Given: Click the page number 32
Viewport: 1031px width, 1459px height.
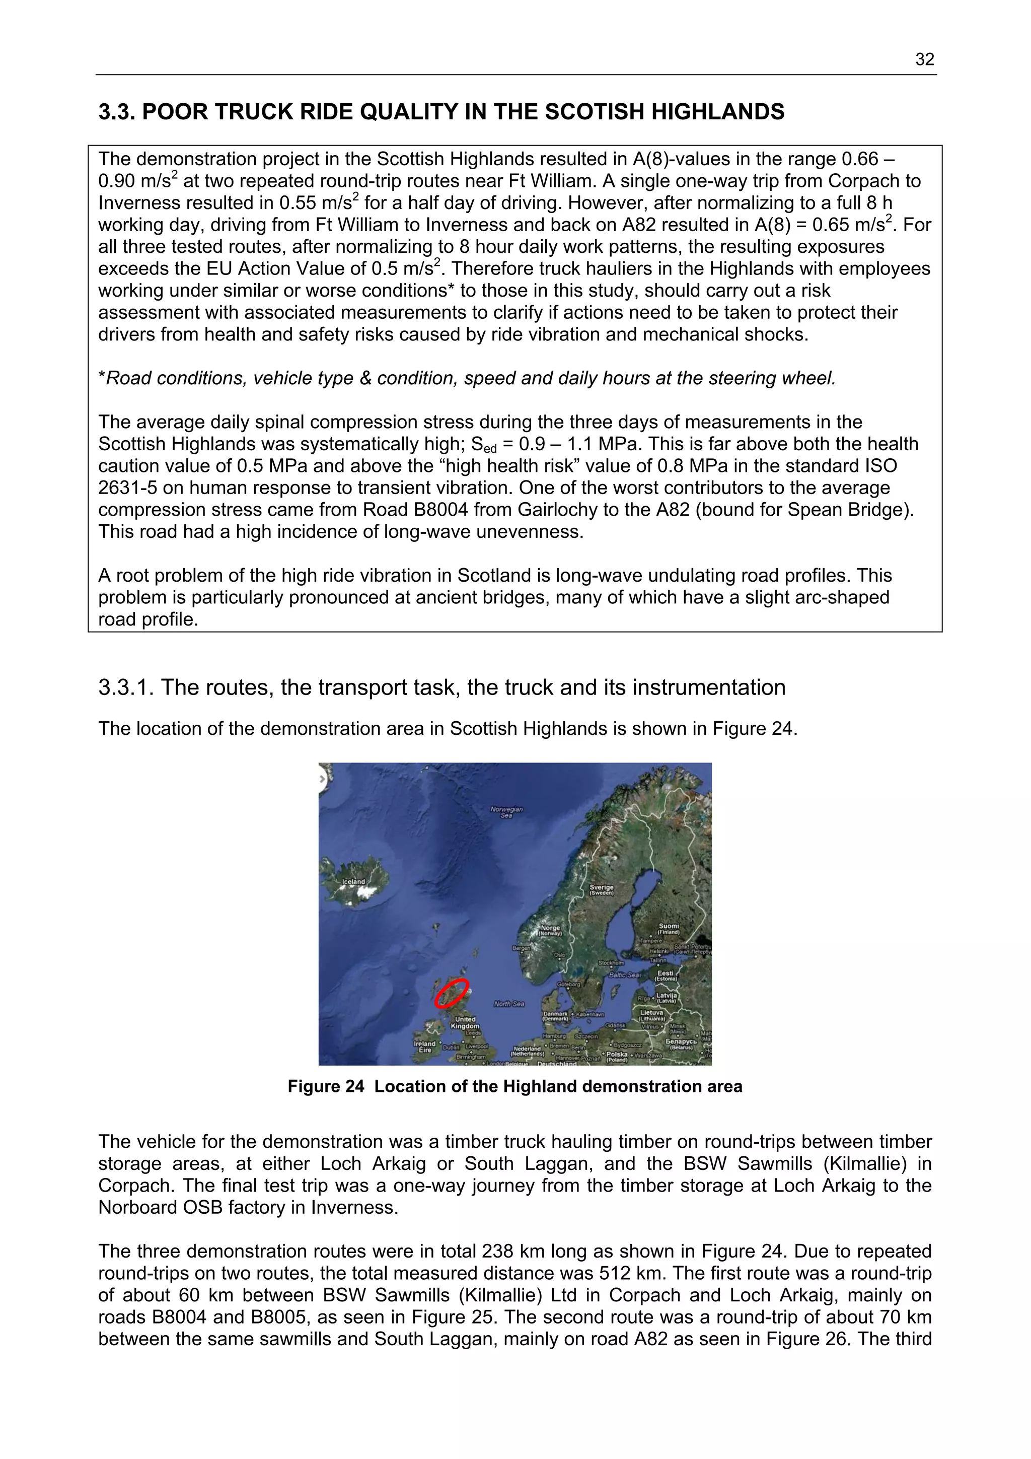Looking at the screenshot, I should tap(924, 60).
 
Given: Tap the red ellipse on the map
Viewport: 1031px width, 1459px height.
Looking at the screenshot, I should tap(452, 993).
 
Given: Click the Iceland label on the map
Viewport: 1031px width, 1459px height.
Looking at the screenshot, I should tap(354, 881).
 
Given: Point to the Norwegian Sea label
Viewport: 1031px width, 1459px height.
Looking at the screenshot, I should tap(506, 811).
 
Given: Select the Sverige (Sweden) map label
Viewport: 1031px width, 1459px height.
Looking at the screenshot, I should tap(601, 889).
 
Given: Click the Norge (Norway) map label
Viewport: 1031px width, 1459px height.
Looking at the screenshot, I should tap(550, 930).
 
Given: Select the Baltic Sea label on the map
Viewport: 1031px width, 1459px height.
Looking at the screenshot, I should tap(624, 974).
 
